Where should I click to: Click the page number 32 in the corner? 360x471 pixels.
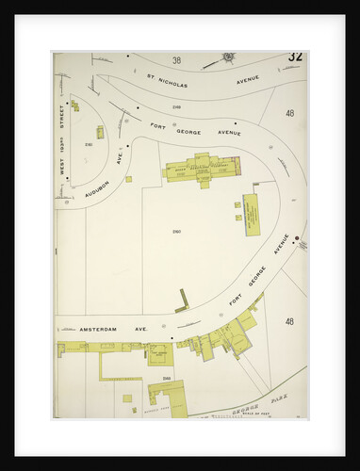[x=295, y=57]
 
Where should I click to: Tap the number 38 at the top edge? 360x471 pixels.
[x=176, y=59]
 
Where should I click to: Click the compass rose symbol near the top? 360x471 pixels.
[x=228, y=57]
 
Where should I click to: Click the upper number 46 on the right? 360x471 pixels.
[x=289, y=113]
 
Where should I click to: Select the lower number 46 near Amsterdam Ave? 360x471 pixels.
[x=289, y=321]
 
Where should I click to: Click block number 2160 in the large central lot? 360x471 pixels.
[x=176, y=231]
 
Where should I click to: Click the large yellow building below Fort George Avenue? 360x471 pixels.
[x=202, y=169]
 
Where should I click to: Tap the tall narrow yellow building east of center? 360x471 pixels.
[x=252, y=210]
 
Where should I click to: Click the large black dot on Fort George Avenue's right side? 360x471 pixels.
[x=296, y=236]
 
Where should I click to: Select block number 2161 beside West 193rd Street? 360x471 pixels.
[x=89, y=145]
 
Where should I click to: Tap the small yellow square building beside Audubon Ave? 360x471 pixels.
[x=129, y=179]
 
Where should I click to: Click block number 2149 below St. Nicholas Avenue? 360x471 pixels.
[x=176, y=106]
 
